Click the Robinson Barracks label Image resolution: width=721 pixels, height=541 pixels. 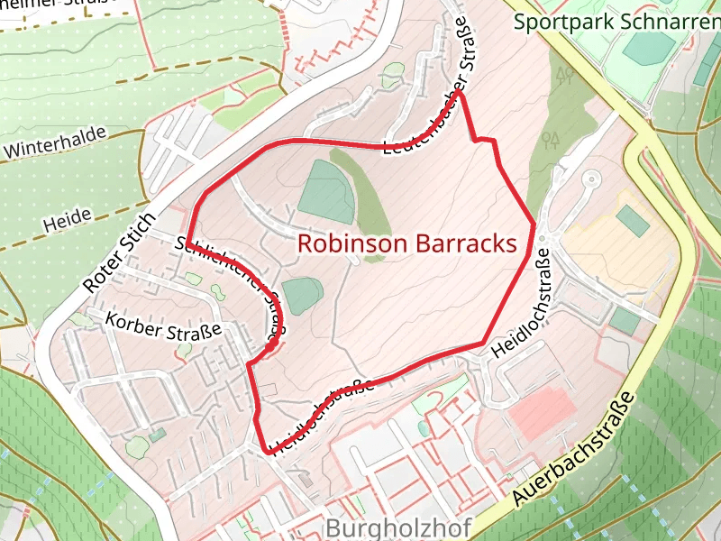(406, 243)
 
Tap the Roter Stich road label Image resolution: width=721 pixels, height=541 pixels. (120, 252)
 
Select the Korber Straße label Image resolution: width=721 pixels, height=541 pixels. (163, 326)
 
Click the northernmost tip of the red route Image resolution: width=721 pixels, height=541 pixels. (460, 91)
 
